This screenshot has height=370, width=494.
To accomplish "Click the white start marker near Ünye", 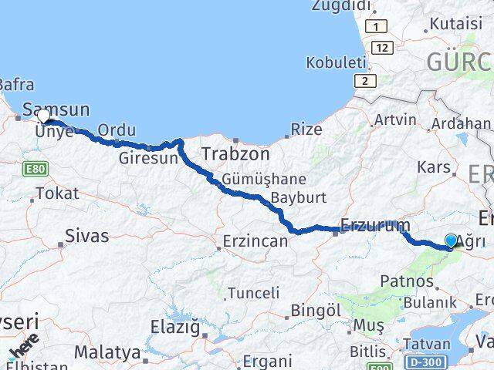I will click(44, 117).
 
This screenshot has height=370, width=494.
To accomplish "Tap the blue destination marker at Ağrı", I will click(452, 241).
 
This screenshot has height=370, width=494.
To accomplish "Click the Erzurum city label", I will click(375, 226).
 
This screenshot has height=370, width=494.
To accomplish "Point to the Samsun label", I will click(56, 109).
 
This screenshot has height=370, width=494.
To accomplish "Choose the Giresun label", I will click(149, 159).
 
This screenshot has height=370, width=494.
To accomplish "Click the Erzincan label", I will click(255, 241).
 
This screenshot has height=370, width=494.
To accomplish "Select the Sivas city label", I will click(87, 236).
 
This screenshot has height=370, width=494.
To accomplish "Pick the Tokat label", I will click(56, 193).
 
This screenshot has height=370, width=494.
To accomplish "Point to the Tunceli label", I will click(254, 293).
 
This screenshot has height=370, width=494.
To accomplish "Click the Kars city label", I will click(433, 166).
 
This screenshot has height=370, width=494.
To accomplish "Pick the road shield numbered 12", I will click(380, 48).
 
